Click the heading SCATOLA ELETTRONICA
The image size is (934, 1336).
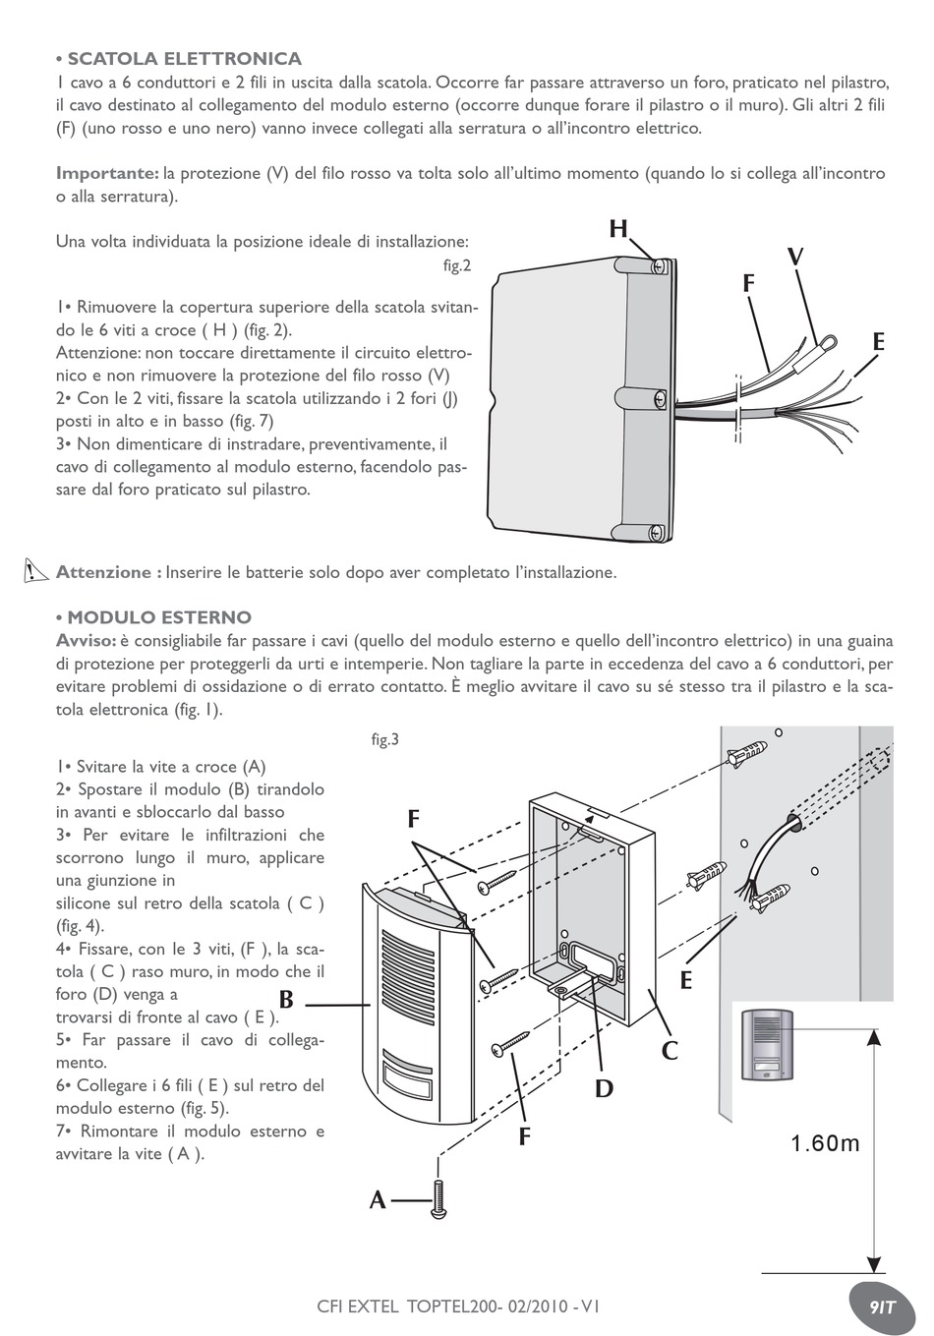184,59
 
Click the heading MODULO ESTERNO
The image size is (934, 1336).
158,617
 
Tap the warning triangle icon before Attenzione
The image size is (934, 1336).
37,570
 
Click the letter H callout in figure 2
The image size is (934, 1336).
617,230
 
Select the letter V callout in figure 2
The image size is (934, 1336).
794,258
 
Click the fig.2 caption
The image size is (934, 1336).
457,265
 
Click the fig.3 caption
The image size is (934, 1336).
384,740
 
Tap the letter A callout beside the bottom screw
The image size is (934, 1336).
378,1199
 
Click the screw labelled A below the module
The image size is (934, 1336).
438,1200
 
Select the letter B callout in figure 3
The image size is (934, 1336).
286,1001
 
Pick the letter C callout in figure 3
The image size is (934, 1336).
670,1051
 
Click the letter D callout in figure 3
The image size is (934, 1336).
603,1088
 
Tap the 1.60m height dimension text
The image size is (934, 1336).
825,1143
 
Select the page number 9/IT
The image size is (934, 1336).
882,1307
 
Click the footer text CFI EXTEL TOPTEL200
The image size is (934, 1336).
458,1307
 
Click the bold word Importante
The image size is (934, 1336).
107,174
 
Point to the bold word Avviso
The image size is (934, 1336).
86,641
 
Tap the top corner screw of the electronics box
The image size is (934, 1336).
660,265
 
